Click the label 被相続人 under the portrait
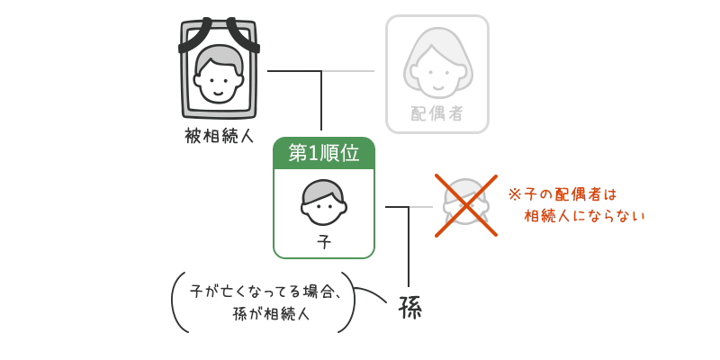[x=219, y=136]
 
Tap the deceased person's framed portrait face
[x=219, y=74]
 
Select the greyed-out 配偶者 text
[x=437, y=113]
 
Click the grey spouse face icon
[x=437, y=65]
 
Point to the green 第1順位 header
[x=324, y=153]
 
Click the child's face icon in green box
[x=324, y=202]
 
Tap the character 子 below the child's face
[x=324, y=242]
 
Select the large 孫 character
[x=409, y=308]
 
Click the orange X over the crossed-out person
[x=466, y=206]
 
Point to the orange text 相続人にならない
[x=585, y=216]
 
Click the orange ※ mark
[x=515, y=193]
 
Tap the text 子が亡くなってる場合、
[x=265, y=292]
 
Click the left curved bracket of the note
[x=176, y=302]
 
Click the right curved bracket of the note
[x=350, y=302]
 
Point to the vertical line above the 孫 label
[x=409, y=247]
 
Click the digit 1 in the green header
[x=314, y=153]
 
